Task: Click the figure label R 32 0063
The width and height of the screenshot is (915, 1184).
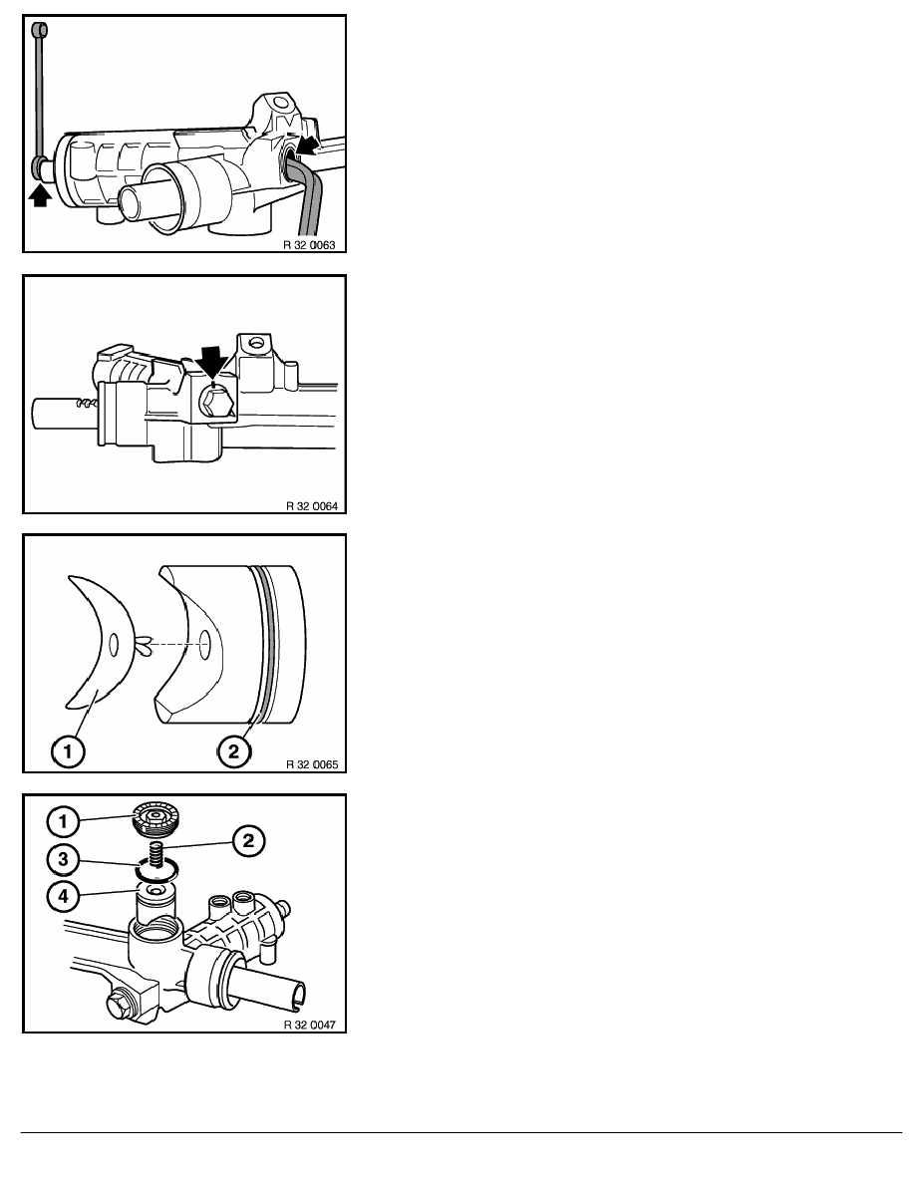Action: click(310, 245)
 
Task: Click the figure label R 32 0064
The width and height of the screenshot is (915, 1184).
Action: click(312, 506)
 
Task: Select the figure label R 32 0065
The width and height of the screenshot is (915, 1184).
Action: click(312, 764)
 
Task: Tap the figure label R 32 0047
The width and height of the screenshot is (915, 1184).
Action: click(310, 1025)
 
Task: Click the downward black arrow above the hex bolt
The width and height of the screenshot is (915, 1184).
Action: click(212, 360)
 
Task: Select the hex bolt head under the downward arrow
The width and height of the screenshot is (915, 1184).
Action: click(215, 407)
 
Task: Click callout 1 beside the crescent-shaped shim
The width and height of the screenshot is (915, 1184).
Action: click(68, 751)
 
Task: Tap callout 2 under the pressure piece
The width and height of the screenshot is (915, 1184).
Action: click(233, 751)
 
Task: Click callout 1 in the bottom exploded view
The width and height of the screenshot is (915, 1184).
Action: click(64, 821)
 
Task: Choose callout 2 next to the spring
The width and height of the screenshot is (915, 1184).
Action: click(248, 840)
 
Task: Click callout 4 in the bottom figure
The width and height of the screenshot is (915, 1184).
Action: click(64, 896)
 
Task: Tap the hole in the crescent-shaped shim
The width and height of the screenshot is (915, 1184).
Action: click(114, 645)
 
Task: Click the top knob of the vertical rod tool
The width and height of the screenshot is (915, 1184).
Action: click(39, 30)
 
